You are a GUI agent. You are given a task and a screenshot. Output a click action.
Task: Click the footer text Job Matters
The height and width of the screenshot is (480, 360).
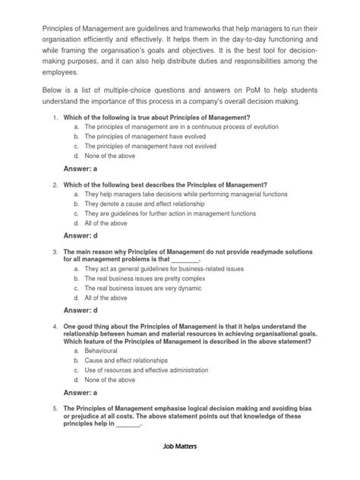180,448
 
